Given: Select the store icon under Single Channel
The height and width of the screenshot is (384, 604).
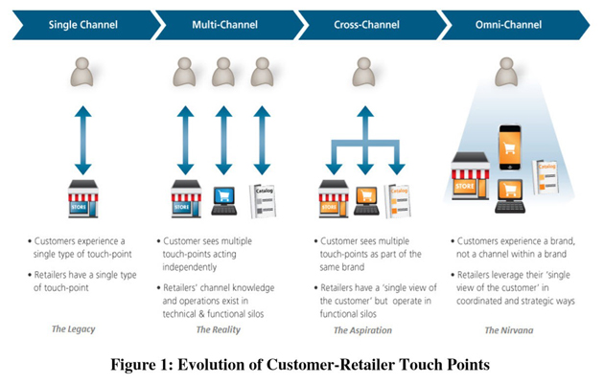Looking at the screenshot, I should coord(83,198).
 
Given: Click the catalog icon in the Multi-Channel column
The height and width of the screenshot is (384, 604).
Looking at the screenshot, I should coord(262,199).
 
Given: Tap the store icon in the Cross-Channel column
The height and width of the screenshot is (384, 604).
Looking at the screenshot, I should coord(332,199).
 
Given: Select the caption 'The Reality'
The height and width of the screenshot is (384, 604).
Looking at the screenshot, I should coord(217,328).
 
